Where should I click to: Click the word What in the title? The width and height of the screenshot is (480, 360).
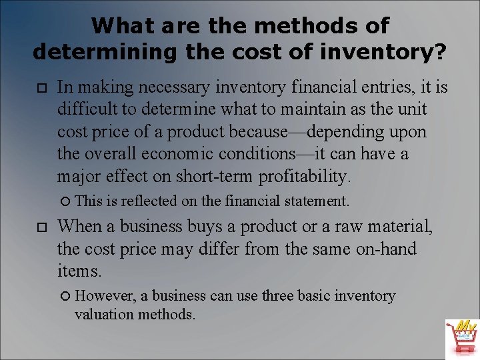pyautogui.click(x=119, y=26)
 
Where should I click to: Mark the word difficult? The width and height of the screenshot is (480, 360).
pyautogui.click(x=87, y=109)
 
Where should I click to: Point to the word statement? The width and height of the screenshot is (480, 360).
pyautogui.click(x=315, y=201)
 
